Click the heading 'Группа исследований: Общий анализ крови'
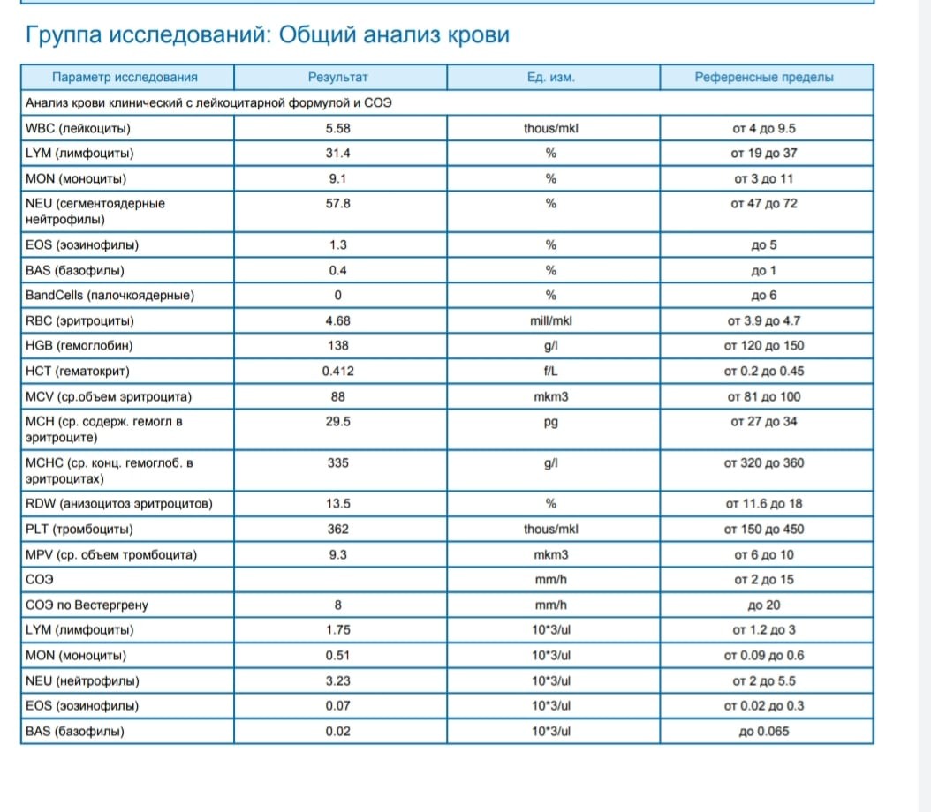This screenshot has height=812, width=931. [268, 35]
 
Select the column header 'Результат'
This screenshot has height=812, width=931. [337, 77]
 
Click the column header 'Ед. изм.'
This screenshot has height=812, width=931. [550, 77]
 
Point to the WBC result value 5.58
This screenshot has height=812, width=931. [337, 128]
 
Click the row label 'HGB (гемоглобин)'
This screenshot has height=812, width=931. [79, 346]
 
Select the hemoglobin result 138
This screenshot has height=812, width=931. [337, 346]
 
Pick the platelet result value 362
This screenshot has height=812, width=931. [337, 530]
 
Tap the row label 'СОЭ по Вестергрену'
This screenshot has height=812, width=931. [87, 605]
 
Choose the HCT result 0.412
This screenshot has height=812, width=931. [337, 372]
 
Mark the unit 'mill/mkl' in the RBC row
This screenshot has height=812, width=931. [550, 321]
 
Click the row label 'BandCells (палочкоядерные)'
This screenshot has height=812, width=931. [110, 296]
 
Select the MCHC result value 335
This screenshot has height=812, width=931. [337, 463]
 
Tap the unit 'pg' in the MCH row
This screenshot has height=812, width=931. [550, 422]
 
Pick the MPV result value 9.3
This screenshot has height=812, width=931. [337, 555]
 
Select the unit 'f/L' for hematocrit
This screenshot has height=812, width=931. [550, 372]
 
